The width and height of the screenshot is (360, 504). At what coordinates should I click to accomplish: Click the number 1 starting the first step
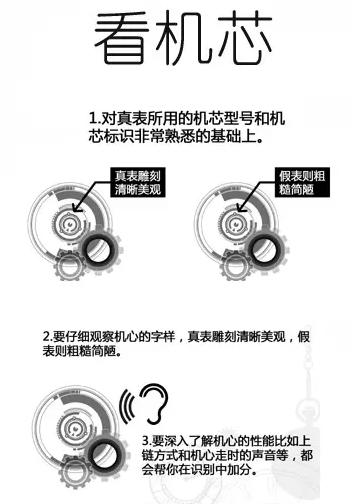[93, 118]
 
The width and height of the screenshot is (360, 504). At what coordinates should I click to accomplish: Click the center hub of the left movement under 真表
[74, 223]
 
